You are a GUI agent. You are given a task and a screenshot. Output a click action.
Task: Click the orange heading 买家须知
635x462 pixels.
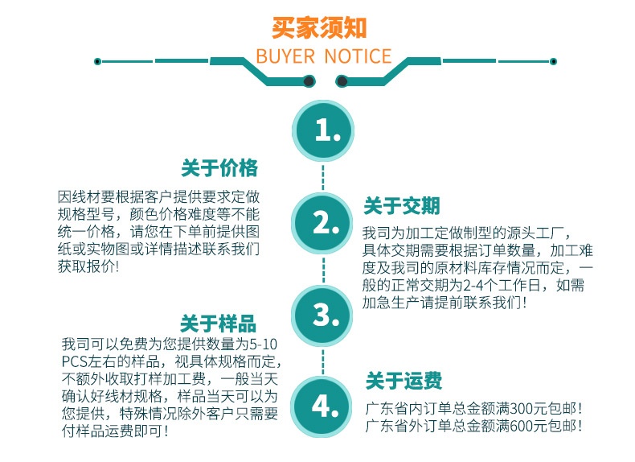point(319,27)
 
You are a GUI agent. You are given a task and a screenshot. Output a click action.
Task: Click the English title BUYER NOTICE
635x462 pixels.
point(323,56)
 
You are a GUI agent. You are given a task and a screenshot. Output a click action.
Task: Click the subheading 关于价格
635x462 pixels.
point(219,168)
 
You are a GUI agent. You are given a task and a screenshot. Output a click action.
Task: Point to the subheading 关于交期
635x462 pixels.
point(402,207)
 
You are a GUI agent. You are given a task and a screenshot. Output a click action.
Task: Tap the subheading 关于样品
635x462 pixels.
point(219,324)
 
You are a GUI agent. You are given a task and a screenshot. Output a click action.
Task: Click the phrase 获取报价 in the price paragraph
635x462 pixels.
point(84,266)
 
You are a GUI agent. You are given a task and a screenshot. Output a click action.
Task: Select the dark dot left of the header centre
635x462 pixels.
point(309,80)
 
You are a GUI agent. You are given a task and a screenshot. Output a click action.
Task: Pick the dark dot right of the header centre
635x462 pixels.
point(342,80)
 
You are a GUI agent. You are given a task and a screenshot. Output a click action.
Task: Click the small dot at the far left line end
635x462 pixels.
point(97,61)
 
